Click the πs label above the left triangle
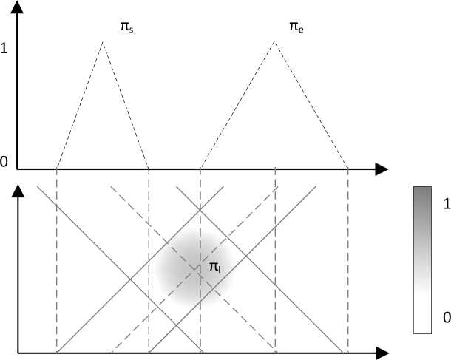pyautogui.click(x=126, y=27)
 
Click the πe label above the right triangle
pyautogui.click(x=295, y=27)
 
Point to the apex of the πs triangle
pyautogui.click(x=103, y=42)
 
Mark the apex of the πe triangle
pyautogui.click(x=275, y=42)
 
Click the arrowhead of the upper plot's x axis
pyautogui.click(x=382, y=169)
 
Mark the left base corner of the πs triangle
pyautogui.click(x=57, y=169)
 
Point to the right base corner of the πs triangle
pyautogui.click(x=149, y=169)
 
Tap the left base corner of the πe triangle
pyautogui.click(x=200, y=169)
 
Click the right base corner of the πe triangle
pyautogui.click(x=348, y=169)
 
